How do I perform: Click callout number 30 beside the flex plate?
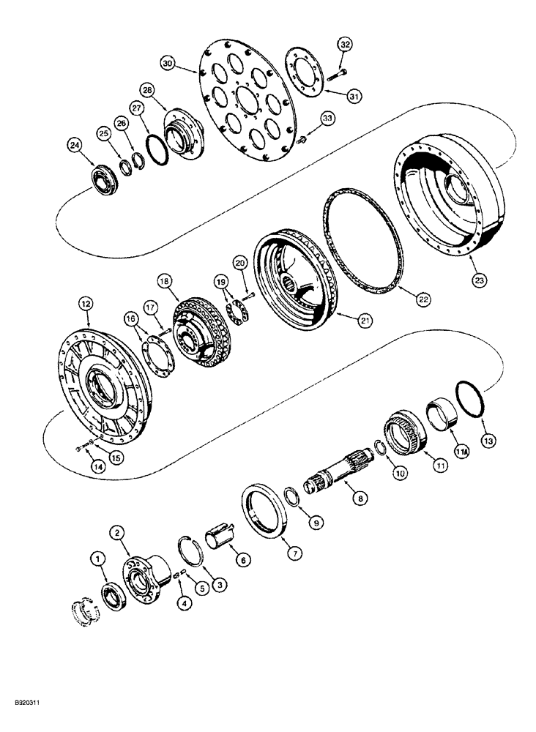click(x=168, y=64)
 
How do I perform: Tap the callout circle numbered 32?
click(x=345, y=44)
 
